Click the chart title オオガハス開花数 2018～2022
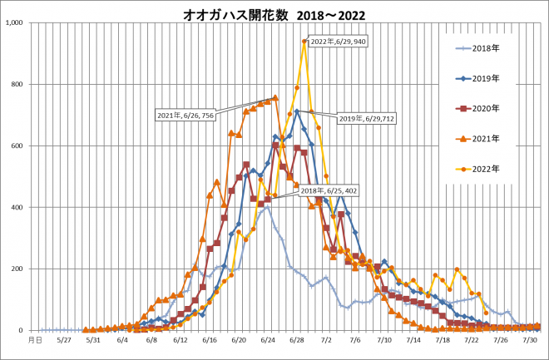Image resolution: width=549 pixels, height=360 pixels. pos(274,14)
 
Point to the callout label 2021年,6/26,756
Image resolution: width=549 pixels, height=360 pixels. pos(184,115)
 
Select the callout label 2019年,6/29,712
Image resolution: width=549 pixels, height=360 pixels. pos(367,119)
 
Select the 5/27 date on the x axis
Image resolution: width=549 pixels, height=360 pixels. pos(63,339)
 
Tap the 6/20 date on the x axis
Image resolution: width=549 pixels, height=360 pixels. pos(239,339)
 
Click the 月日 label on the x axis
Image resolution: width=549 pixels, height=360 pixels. pos(35,339)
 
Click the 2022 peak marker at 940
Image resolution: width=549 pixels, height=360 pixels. pos(304,41)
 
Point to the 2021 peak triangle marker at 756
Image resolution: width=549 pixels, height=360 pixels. pos(275,97)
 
